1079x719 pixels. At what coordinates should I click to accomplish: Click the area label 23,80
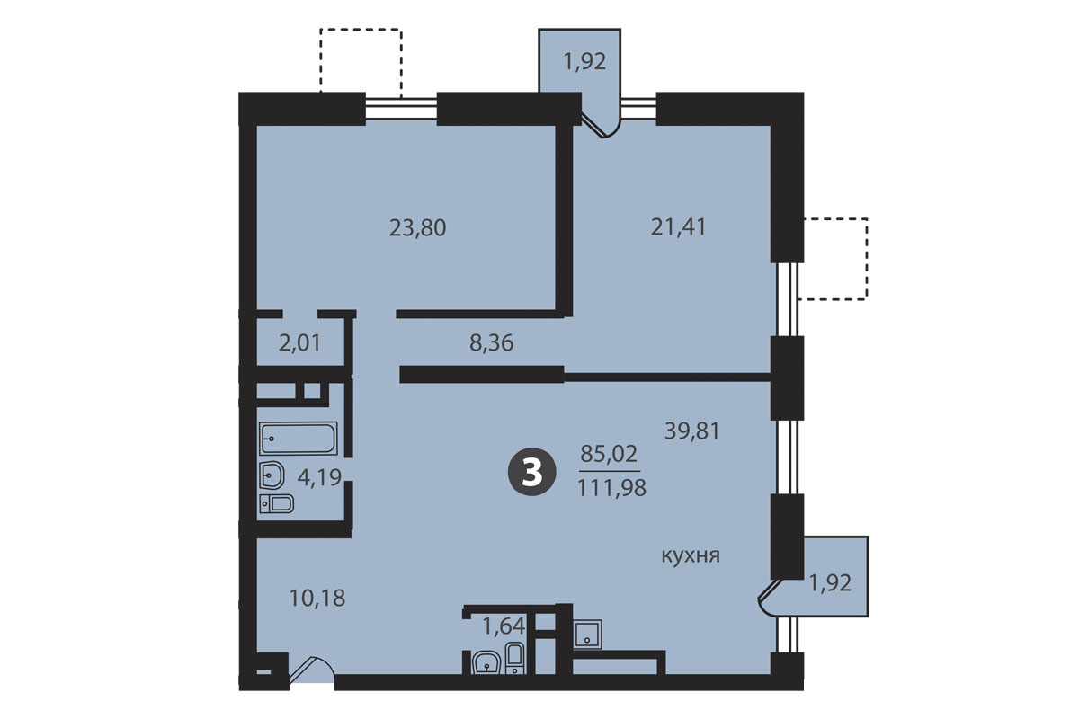(x=417, y=227)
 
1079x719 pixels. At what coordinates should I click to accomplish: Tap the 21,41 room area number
(x=678, y=226)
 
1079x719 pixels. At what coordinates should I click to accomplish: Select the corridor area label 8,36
(x=491, y=343)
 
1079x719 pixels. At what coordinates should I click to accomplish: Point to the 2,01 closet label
(x=299, y=343)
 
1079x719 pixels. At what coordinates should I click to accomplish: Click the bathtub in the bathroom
(x=299, y=439)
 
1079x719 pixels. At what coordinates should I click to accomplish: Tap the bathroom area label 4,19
(x=319, y=478)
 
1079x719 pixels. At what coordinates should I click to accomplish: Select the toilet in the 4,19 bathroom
(x=277, y=503)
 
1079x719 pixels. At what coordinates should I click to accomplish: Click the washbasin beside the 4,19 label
(x=272, y=475)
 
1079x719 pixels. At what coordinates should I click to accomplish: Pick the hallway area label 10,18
(x=317, y=599)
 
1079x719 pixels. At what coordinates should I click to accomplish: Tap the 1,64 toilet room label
(x=504, y=626)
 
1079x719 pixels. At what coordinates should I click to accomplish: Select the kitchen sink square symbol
(x=587, y=634)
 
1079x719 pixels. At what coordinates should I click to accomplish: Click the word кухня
(x=691, y=556)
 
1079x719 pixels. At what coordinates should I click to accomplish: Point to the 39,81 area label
(x=692, y=431)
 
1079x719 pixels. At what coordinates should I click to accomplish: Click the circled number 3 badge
(x=531, y=472)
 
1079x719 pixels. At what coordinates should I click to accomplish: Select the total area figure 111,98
(x=611, y=488)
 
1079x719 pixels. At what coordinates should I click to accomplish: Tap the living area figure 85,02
(x=609, y=453)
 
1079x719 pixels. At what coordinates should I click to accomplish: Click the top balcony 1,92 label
(x=584, y=62)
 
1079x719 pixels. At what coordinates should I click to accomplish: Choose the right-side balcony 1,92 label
(x=830, y=583)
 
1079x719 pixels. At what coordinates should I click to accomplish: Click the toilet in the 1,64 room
(x=515, y=658)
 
